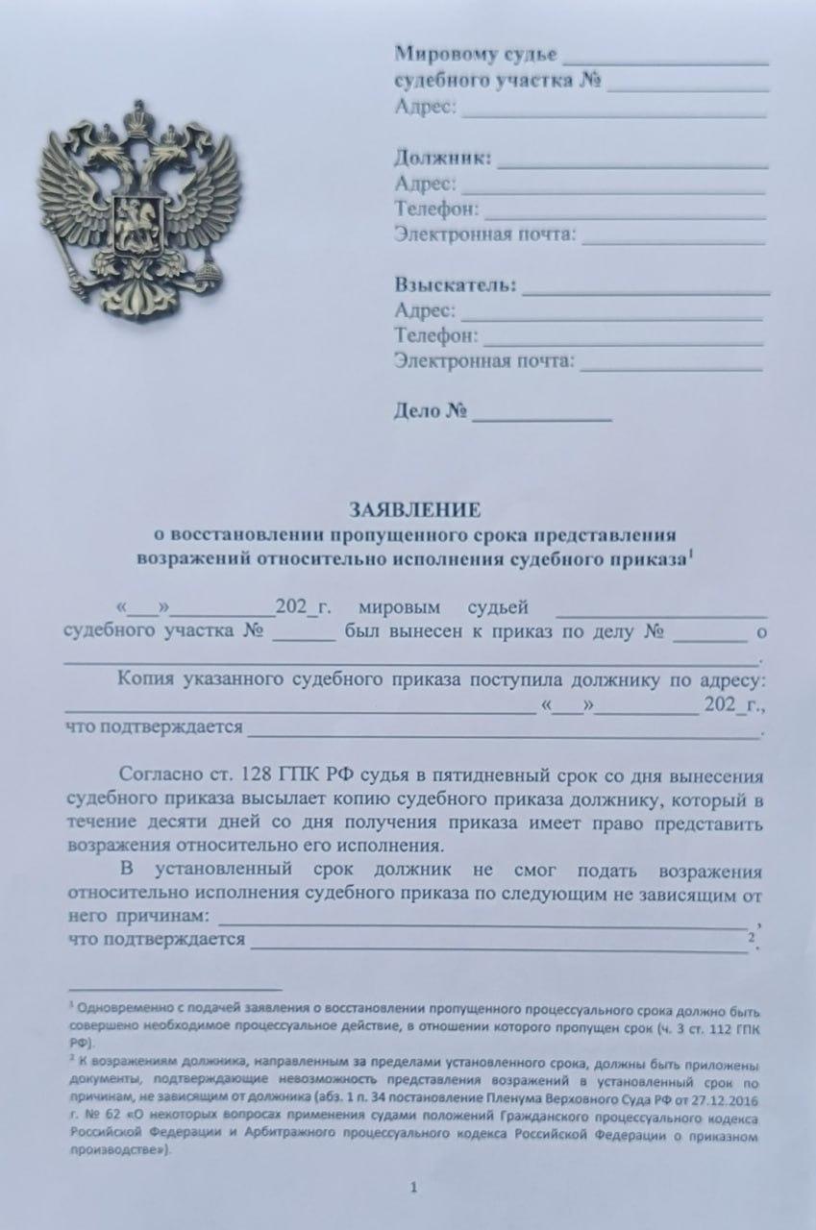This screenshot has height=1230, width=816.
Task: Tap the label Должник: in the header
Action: [443, 159]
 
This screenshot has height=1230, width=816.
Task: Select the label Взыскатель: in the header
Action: [456, 285]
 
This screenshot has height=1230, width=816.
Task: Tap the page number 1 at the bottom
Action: [413, 1189]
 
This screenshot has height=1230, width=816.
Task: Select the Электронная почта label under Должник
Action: [484, 234]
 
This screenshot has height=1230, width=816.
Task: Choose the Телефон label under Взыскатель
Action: [435, 335]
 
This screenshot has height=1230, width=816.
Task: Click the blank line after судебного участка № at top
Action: [688, 84]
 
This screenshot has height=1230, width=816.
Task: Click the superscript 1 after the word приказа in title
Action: [693, 553]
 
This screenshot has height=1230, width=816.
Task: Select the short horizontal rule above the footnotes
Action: [176, 988]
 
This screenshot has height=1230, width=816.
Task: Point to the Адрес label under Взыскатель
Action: [424, 310]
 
